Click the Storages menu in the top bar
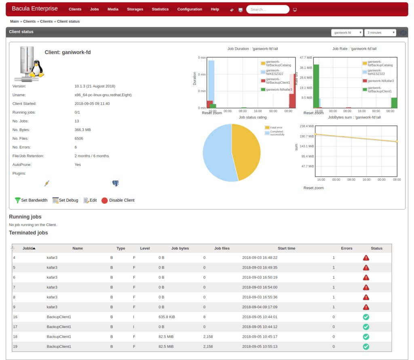[135, 9]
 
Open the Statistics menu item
[160, 9]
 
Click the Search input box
[267, 9]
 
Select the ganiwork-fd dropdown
[346, 33]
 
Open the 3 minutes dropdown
[380, 33]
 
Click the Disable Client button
[118, 200]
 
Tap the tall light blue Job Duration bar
[211, 81]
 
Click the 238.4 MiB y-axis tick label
[306, 126]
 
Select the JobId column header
[28, 248]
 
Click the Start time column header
[286, 248]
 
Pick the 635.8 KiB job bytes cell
[167, 317]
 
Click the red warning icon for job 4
[366, 258]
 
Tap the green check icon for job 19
[366, 346]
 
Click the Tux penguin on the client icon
[37, 69]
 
